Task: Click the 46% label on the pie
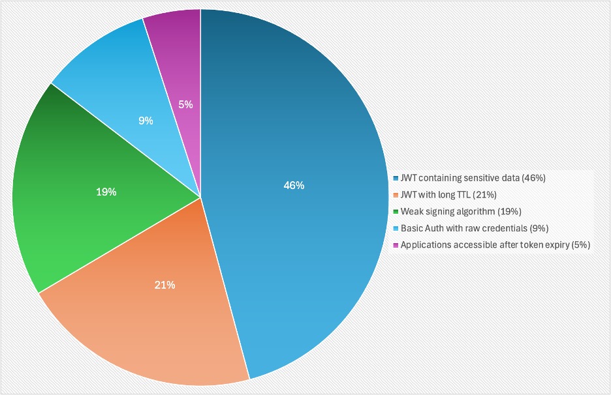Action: pos(294,185)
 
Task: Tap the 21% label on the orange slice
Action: pos(164,285)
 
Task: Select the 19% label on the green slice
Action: pos(106,192)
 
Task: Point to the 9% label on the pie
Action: pos(146,121)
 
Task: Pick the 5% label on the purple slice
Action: pos(186,104)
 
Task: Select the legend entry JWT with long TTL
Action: pos(451,195)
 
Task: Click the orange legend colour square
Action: pos(396,195)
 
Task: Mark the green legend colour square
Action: pos(396,211)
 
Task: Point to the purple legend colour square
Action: pos(396,245)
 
